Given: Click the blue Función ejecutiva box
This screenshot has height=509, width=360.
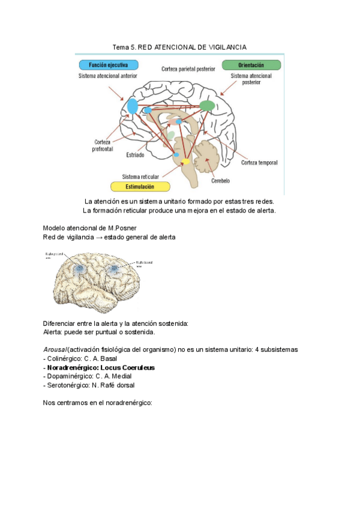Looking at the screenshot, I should (107, 65).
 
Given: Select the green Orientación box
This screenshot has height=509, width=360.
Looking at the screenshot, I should (251, 65).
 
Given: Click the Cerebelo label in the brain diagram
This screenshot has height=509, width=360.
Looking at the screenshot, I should (220, 180).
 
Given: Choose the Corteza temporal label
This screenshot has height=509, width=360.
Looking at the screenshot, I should (259, 163).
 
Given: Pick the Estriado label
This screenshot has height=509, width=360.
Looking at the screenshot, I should (135, 155).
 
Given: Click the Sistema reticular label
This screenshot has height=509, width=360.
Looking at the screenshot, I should (140, 176).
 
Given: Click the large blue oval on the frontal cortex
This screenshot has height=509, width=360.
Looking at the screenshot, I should (132, 106).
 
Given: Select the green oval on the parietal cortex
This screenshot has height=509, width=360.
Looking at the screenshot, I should (207, 106).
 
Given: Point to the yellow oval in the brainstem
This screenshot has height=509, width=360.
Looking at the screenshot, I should (185, 161).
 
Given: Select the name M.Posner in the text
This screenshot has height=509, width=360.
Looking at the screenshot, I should (124, 228).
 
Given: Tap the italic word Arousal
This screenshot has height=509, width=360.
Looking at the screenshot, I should (55, 349).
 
